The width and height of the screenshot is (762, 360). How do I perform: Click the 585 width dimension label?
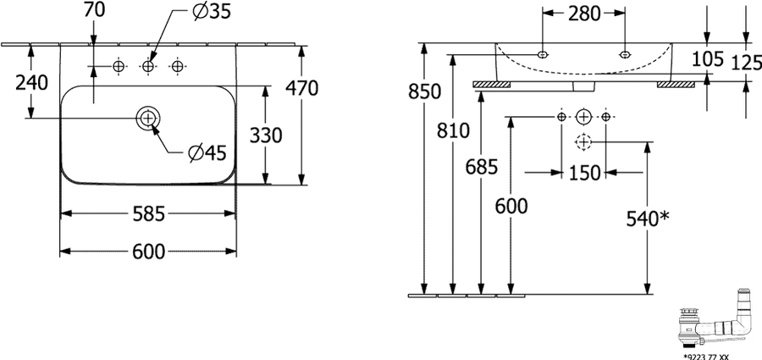(x=149, y=213)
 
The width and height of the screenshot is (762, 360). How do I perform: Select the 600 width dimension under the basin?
(x=149, y=251)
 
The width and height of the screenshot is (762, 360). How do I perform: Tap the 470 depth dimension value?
(x=301, y=88)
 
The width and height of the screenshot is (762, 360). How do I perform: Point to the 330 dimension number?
(x=266, y=136)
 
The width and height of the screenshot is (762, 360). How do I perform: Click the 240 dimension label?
(x=32, y=83)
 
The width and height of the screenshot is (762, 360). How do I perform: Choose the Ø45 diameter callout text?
(x=207, y=153)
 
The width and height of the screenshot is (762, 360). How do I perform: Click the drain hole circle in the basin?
(x=148, y=117)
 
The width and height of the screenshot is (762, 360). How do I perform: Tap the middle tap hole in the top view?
(x=148, y=66)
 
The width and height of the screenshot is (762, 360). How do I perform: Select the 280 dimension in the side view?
(x=583, y=14)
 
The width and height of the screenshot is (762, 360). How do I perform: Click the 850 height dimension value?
(x=425, y=91)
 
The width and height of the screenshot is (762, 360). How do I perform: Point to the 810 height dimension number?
(x=453, y=130)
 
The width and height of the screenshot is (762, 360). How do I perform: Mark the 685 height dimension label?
(x=482, y=168)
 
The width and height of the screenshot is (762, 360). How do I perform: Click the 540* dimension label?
(x=648, y=219)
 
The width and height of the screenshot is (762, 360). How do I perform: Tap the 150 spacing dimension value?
(x=583, y=173)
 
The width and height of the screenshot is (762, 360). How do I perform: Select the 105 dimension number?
(x=708, y=58)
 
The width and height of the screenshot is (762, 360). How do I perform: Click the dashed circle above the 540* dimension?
(x=583, y=141)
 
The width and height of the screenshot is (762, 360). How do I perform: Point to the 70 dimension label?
(x=94, y=10)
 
